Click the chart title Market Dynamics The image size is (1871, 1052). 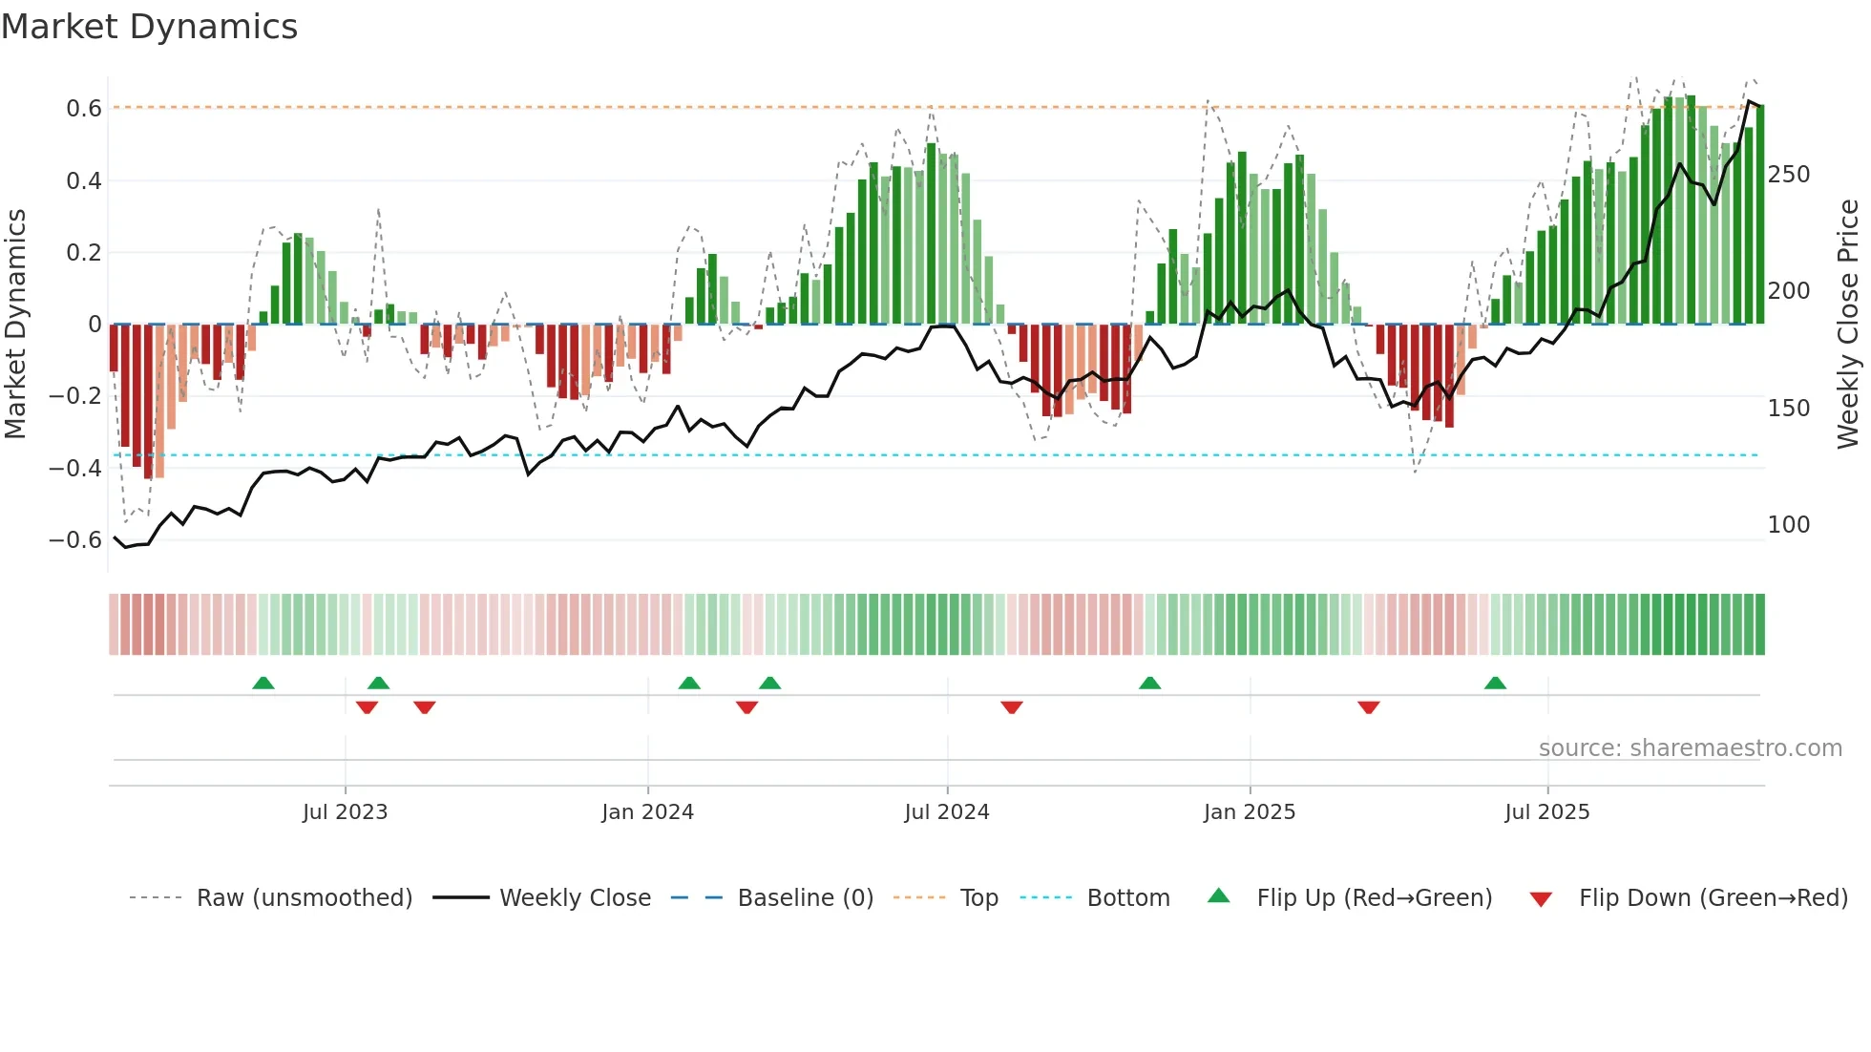(x=150, y=27)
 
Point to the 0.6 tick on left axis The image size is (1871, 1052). (x=84, y=109)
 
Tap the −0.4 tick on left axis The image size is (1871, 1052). (x=75, y=468)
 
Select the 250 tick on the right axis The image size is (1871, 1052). (x=1788, y=175)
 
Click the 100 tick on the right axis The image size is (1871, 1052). (x=1788, y=525)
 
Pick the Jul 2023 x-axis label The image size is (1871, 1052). (x=345, y=812)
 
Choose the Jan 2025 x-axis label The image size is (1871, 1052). (x=1249, y=812)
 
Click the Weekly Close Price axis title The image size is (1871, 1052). (x=1848, y=325)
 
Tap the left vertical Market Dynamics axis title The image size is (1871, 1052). (x=15, y=325)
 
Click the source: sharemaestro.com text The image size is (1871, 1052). (x=1690, y=748)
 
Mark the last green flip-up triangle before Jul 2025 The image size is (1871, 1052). (x=1495, y=684)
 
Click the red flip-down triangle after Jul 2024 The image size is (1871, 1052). (x=1012, y=707)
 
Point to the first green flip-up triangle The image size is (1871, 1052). (x=263, y=684)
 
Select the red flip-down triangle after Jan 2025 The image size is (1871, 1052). (x=1368, y=707)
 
